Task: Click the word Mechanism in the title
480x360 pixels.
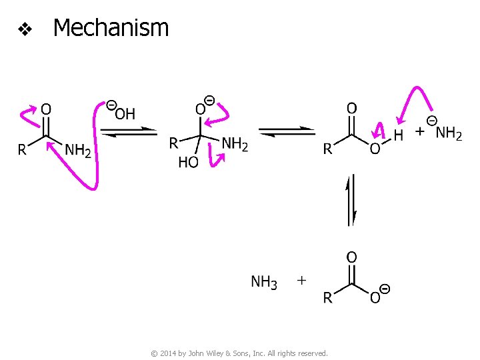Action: click(111, 28)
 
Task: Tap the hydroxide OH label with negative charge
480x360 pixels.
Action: click(123, 113)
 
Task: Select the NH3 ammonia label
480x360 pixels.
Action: click(263, 282)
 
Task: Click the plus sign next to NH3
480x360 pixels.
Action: click(301, 281)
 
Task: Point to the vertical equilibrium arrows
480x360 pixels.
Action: click(351, 200)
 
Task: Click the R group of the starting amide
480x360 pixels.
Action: click(22, 150)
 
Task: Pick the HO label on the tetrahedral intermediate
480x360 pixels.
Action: click(187, 162)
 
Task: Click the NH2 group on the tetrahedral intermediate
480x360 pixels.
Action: click(234, 143)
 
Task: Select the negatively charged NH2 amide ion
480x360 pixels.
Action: click(448, 133)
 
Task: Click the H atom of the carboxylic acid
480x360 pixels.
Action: click(398, 135)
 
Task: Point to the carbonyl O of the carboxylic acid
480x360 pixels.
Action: click(351, 108)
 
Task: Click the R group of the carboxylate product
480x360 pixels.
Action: click(327, 298)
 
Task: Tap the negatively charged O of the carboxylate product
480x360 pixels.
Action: click(375, 297)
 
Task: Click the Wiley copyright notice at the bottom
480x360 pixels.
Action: click(239, 353)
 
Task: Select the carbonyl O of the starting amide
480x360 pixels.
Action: click(46, 108)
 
